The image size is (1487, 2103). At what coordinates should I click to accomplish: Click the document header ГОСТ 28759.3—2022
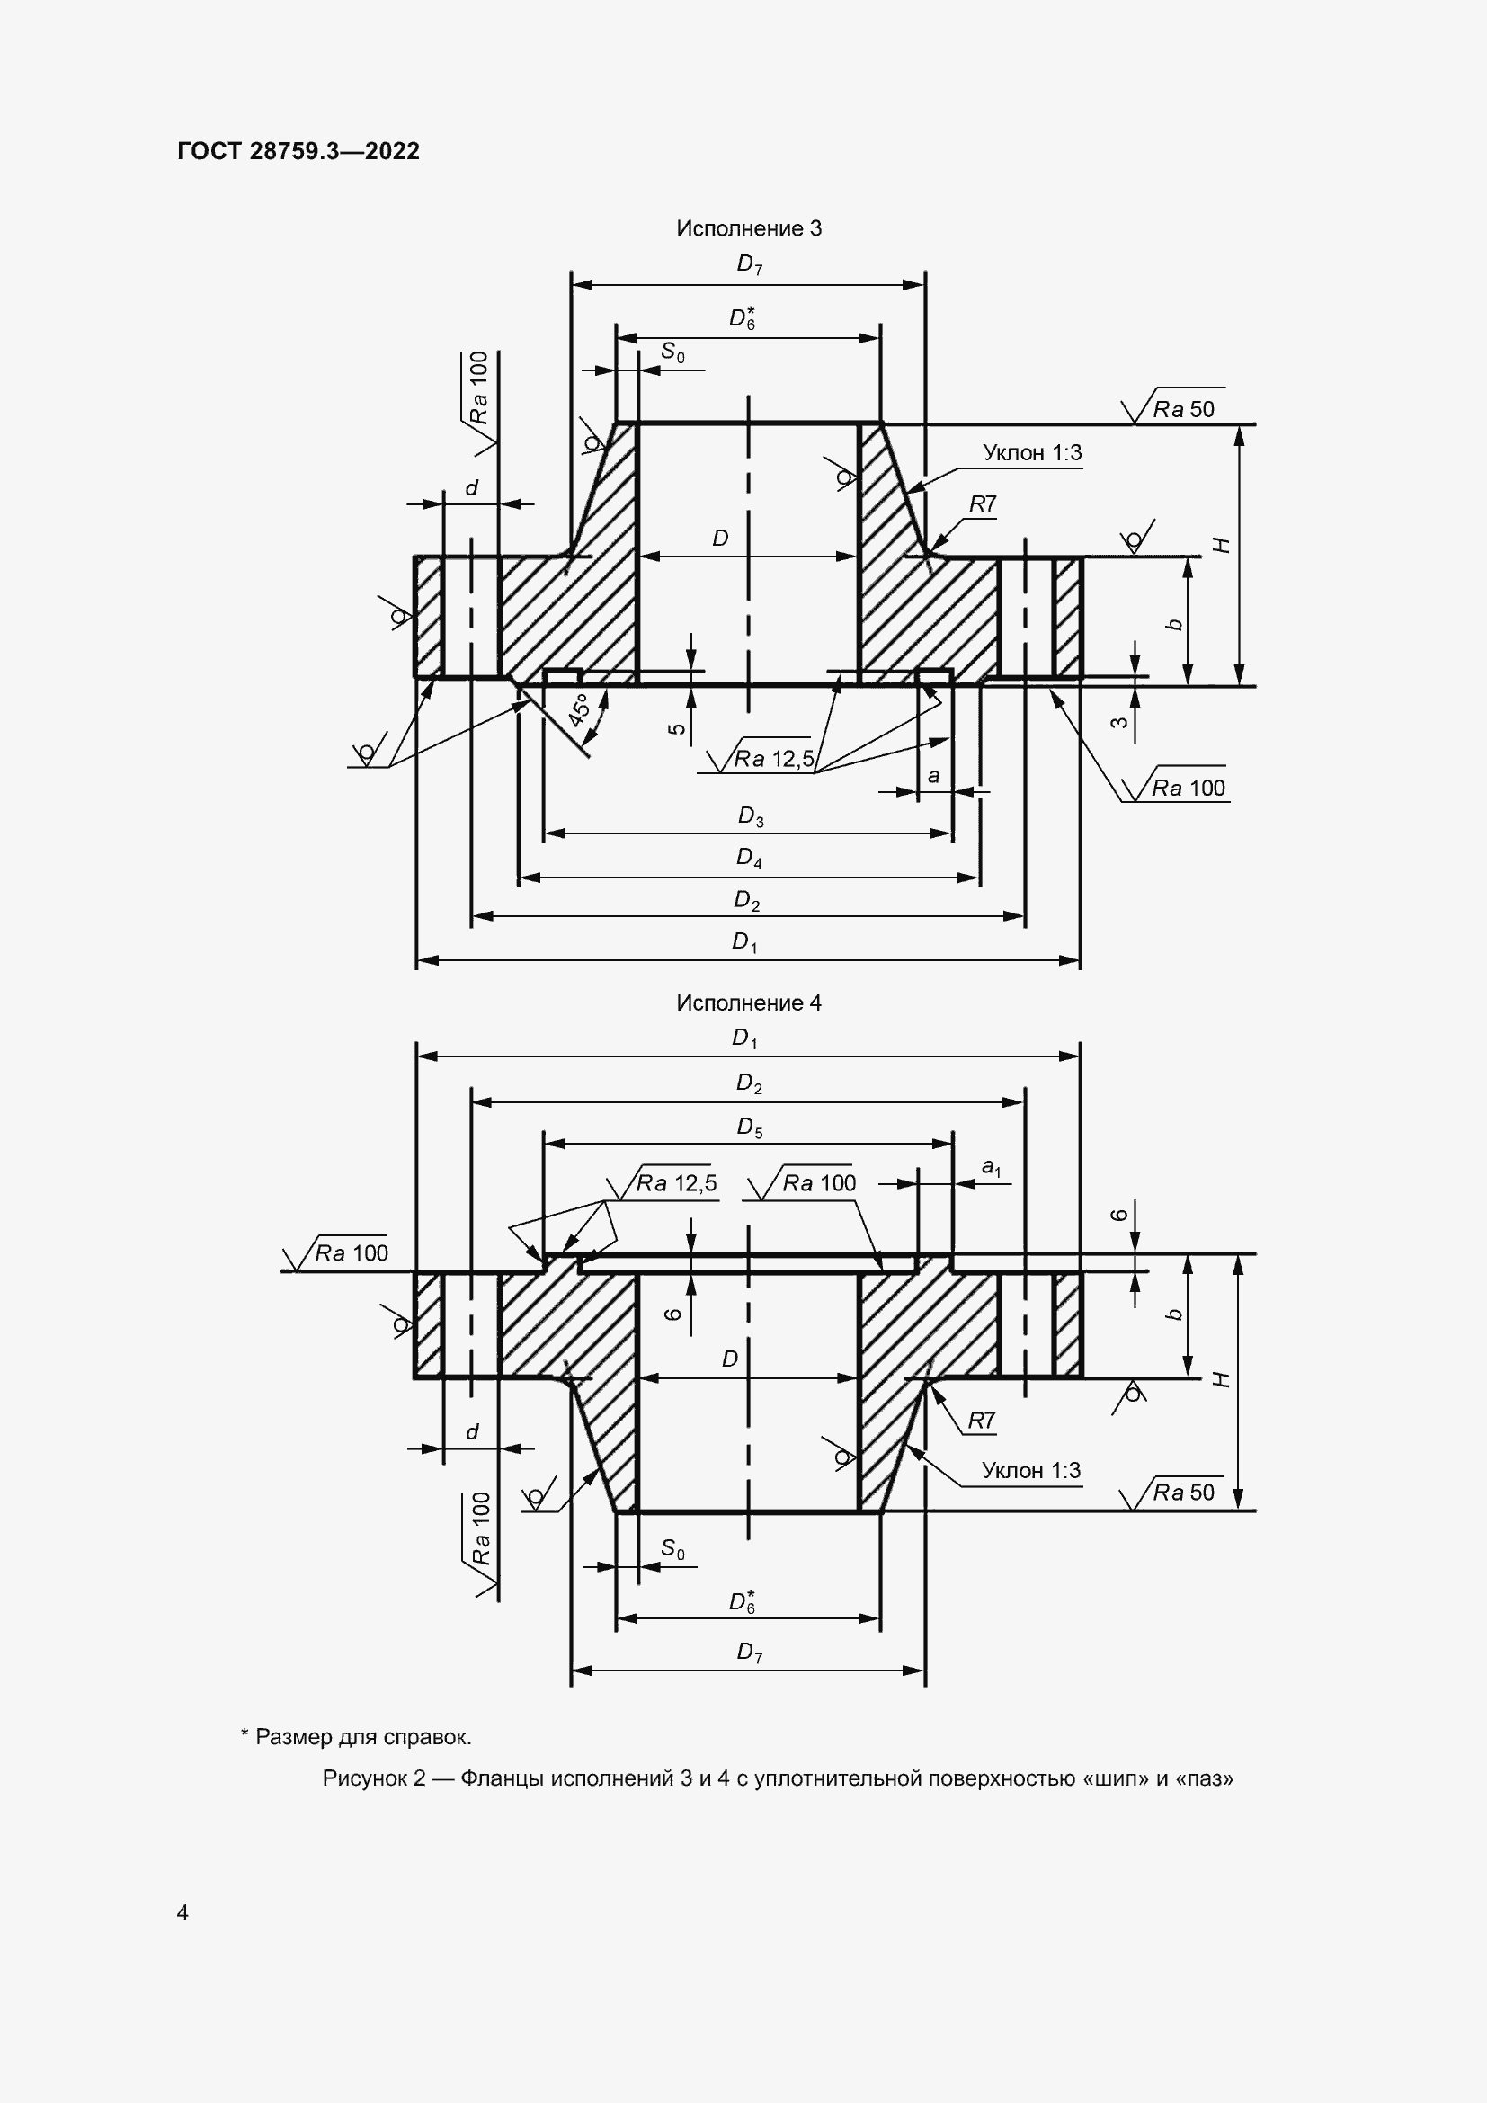[x=298, y=151]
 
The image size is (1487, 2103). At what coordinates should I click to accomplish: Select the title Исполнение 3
[x=749, y=228]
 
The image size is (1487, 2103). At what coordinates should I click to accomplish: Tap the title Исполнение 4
[x=749, y=1003]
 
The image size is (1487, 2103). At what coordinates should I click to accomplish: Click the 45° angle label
[x=579, y=710]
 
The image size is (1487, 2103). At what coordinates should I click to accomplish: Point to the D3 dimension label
[x=751, y=816]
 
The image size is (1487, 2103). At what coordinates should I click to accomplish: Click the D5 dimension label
[x=750, y=1127]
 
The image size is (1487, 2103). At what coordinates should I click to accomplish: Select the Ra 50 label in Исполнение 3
[x=1184, y=409]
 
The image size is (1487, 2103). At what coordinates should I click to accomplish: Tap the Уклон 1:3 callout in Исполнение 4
[x=1031, y=1470]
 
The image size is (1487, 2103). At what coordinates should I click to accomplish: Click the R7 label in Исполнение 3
[x=983, y=503]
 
